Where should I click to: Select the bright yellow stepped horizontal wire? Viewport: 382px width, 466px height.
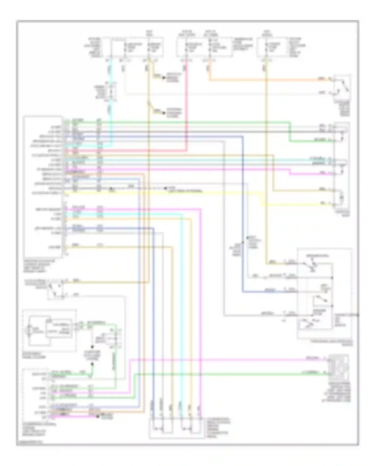(x=178, y=193)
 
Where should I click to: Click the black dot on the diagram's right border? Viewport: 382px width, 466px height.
(x=358, y=315)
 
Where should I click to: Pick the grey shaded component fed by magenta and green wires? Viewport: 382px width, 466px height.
(x=338, y=367)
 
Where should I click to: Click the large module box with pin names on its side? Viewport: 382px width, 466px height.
(x=43, y=186)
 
